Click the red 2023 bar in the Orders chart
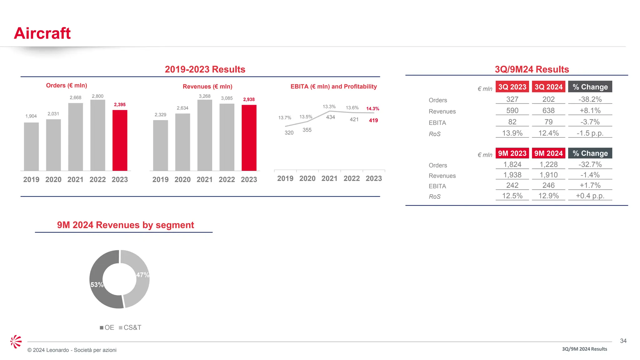(120, 141)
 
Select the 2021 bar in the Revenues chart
(205, 135)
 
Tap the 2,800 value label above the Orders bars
(97, 96)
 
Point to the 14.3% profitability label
(372, 109)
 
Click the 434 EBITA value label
(330, 117)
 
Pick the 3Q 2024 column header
(548, 87)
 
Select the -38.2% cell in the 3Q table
(590, 99)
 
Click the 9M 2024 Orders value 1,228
(548, 164)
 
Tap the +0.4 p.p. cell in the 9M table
(590, 196)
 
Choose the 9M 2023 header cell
(512, 153)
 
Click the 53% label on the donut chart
(97, 285)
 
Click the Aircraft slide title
(42, 33)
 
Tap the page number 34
(623, 341)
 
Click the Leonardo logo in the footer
(16, 342)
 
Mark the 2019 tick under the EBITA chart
(285, 178)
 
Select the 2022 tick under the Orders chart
(97, 180)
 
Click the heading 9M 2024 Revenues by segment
(125, 225)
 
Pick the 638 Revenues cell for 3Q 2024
(548, 111)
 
